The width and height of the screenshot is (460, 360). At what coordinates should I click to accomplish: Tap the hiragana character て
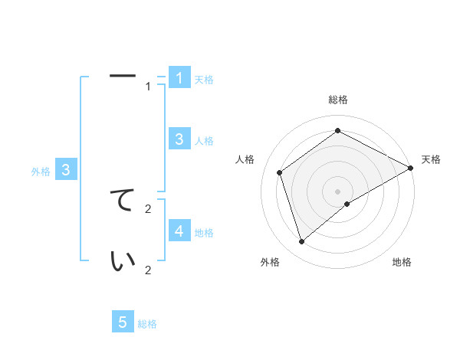(123, 200)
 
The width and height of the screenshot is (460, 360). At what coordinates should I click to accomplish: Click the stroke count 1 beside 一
(149, 87)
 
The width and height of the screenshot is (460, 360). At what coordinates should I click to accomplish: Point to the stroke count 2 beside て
(149, 208)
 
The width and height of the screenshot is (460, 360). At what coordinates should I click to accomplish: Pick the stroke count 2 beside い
(149, 270)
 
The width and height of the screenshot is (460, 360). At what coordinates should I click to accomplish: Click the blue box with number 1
(179, 77)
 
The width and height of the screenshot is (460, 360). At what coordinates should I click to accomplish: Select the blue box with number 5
(123, 322)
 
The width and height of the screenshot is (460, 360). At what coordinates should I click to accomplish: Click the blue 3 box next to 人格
(179, 139)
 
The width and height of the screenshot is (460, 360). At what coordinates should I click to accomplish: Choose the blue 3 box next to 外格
(66, 170)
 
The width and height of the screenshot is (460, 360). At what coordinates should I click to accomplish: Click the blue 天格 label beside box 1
(204, 80)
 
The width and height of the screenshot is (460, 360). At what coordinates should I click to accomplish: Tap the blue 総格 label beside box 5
(147, 325)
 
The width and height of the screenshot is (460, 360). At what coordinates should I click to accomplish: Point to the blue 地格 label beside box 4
(204, 233)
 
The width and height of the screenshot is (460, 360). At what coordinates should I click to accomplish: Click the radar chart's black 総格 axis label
(338, 100)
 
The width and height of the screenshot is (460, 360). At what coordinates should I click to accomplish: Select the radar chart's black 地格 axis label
(402, 263)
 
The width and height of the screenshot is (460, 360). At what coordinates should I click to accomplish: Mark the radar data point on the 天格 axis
(412, 169)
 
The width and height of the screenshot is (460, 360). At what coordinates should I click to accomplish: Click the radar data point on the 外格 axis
(302, 242)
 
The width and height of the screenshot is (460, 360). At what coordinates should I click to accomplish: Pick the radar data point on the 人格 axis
(280, 172)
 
